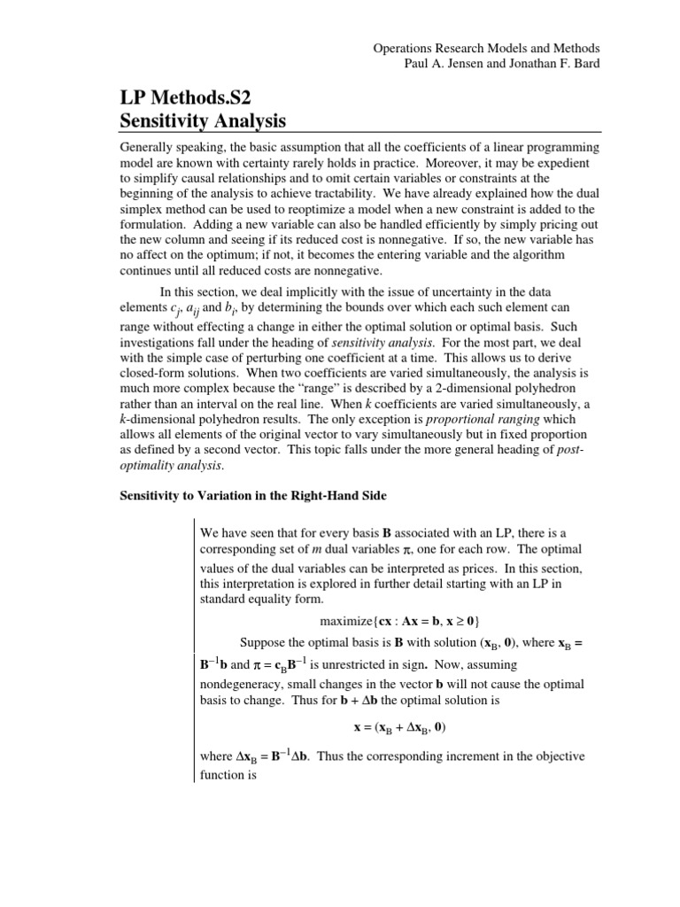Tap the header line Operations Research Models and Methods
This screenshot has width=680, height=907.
coord(486,48)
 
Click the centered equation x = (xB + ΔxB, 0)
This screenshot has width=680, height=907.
coord(395,728)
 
